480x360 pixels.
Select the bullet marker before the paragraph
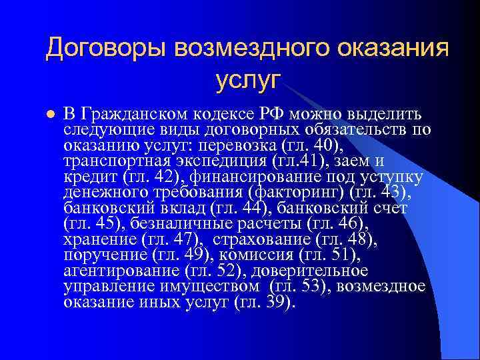tap(48, 115)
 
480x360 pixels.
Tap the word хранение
tap(99, 239)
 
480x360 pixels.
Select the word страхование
tap(257, 239)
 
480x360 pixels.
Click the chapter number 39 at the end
tap(279, 302)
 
